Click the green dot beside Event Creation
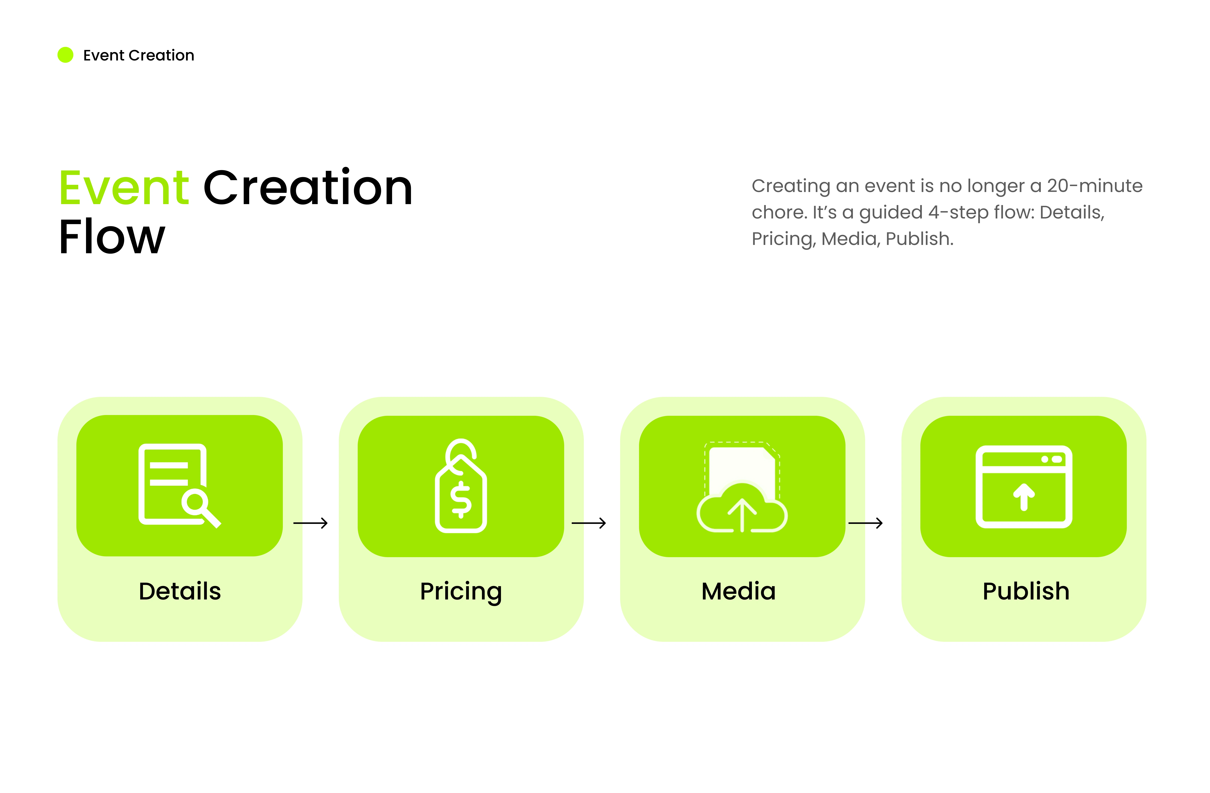(x=66, y=55)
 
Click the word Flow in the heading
(x=112, y=237)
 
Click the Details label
(x=180, y=591)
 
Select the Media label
(x=739, y=591)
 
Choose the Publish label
(x=1026, y=591)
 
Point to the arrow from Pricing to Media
(x=589, y=523)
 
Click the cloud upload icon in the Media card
(x=742, y=508)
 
